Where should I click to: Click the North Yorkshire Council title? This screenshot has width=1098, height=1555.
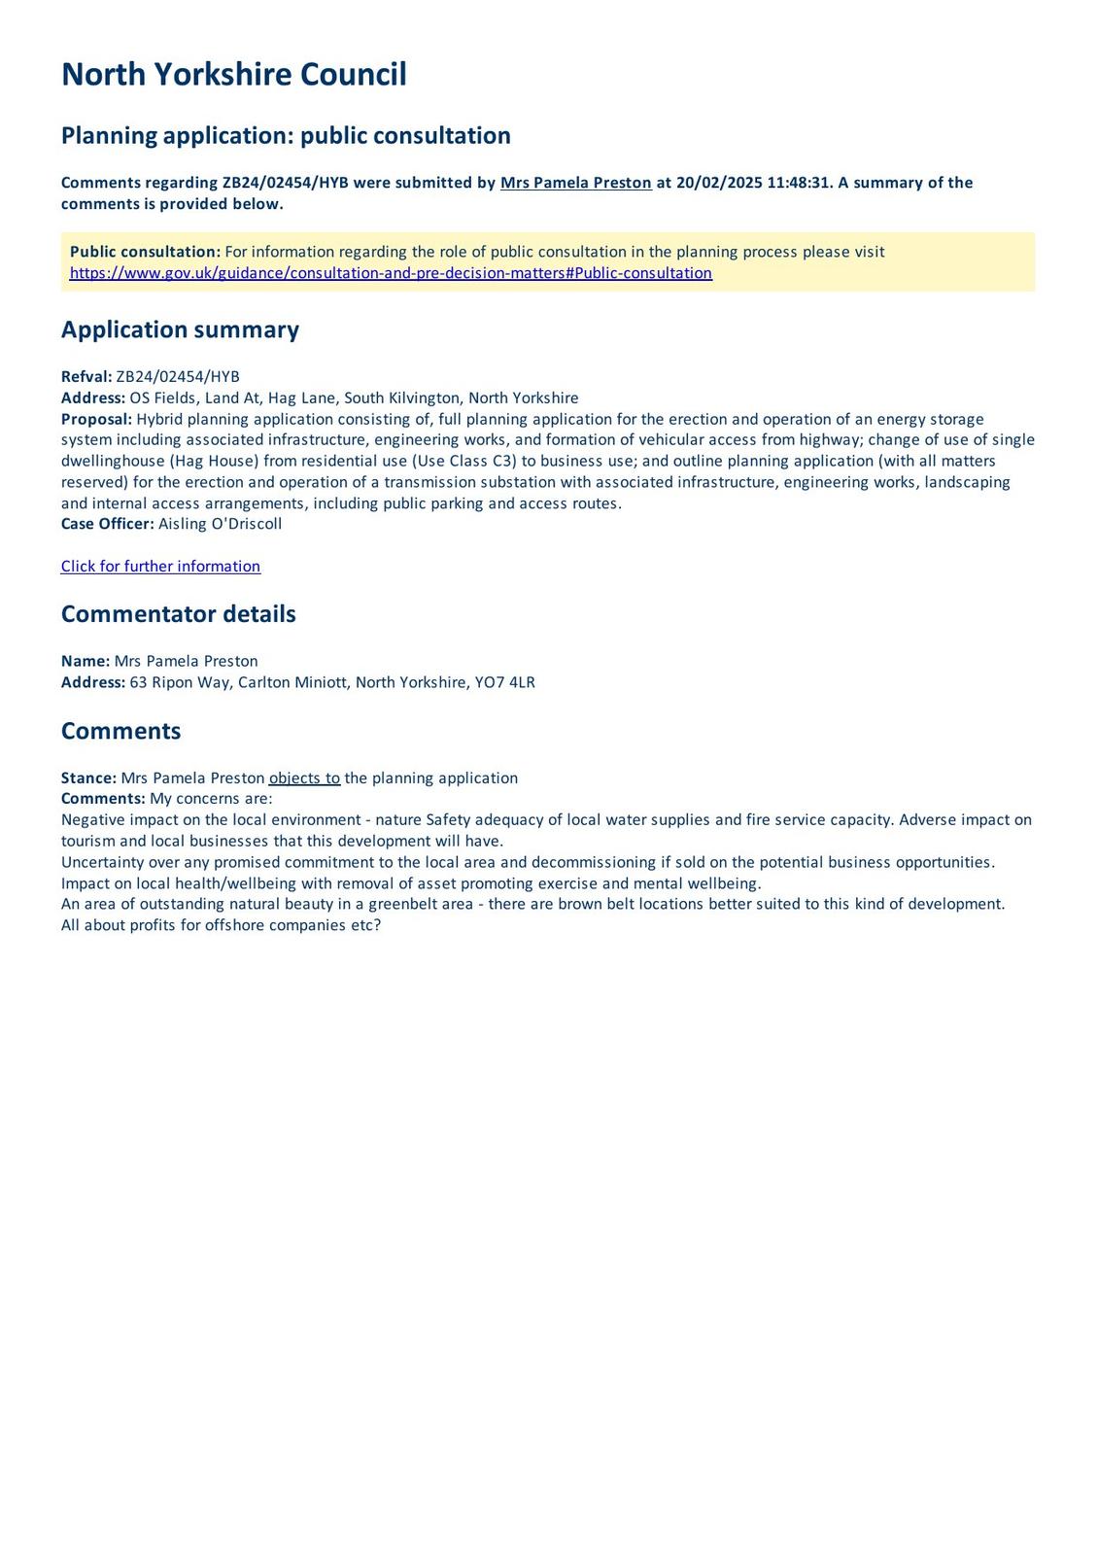click(x=233, y=75)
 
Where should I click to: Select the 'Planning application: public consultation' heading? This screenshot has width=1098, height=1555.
click(x=286, y=135)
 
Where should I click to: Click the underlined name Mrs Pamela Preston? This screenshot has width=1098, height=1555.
click(x=575, y=183)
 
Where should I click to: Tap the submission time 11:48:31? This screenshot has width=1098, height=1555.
click(x=796, y=183)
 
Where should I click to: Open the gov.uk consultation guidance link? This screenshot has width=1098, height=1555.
click(x=391, y=273)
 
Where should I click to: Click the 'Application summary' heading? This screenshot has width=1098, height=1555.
click(x=180, y=329)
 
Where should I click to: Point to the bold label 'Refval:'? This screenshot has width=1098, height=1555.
click(x=86, y=377)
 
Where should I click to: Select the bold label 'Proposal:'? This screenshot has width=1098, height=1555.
click(x=96, y=419)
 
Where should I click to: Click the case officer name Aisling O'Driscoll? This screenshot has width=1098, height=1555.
click(x=220, y=524)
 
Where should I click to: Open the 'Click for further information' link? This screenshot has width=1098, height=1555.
click(x=160, y=567)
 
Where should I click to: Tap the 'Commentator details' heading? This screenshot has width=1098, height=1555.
click(x=178, y=614)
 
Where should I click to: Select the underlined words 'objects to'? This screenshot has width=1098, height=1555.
click(x=304, y=778)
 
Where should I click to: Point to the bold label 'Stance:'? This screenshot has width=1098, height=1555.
click(x=88, y=778)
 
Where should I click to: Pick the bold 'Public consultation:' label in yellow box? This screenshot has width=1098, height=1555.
click(x=145, y=252)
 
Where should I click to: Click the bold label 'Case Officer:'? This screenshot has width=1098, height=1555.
click(x=107, y=524)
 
